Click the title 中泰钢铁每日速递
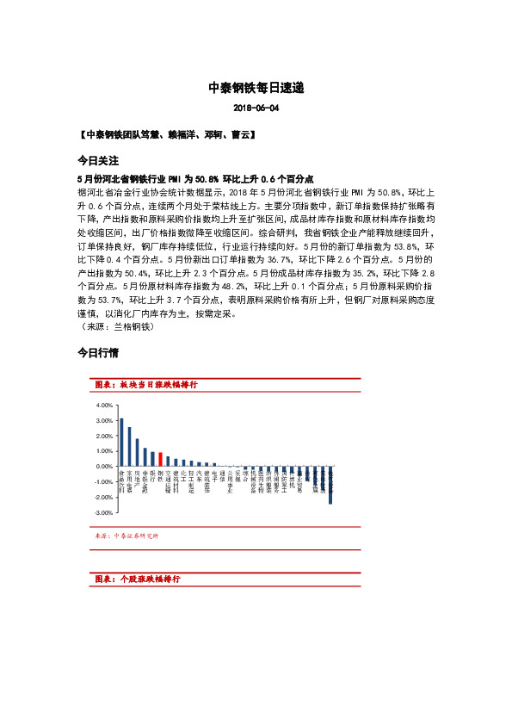tap(256, 88)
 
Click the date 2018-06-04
tap(256, 108)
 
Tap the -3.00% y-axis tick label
tap(104, 511)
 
